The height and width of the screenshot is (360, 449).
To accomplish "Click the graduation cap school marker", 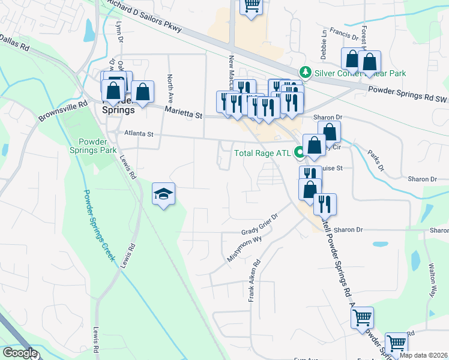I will point(163,194).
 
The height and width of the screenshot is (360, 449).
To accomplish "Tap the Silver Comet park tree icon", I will point(306,73).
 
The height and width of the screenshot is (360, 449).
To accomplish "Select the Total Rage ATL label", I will point(262,153).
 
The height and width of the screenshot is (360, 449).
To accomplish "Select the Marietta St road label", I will point(184,112).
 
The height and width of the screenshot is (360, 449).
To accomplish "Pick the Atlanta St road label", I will point(139,134).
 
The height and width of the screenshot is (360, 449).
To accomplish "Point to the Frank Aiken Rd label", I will point(255,280).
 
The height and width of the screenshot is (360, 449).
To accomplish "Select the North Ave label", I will point(170,87).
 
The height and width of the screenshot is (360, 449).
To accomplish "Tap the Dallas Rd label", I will point(15,41).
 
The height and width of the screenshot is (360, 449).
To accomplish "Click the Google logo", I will point(20,353).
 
